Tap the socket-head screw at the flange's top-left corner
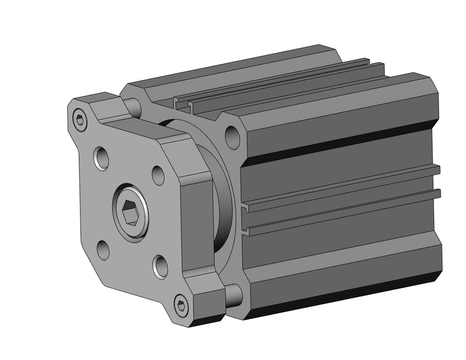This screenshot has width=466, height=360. pos(79,120)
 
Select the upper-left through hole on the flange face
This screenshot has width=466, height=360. pos(101,158)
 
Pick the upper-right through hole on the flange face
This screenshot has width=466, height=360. pos(158,175)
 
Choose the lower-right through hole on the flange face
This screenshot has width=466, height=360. pos(161,266)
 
